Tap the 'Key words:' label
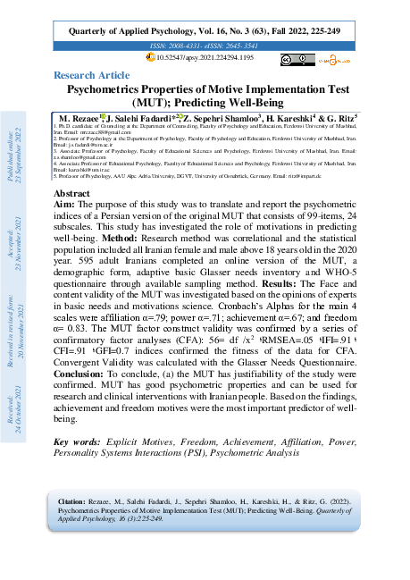coord(79,442)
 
